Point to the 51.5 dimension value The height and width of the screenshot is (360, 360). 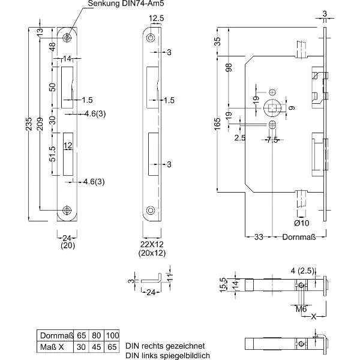point(53,154)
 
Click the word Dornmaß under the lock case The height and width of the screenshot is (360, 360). point(297,236)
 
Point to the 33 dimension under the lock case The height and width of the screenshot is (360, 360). point(259,236)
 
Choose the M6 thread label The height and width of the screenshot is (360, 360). point(302,308)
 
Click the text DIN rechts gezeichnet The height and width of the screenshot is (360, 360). point(165,346)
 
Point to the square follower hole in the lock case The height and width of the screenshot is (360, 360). point(273,108)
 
